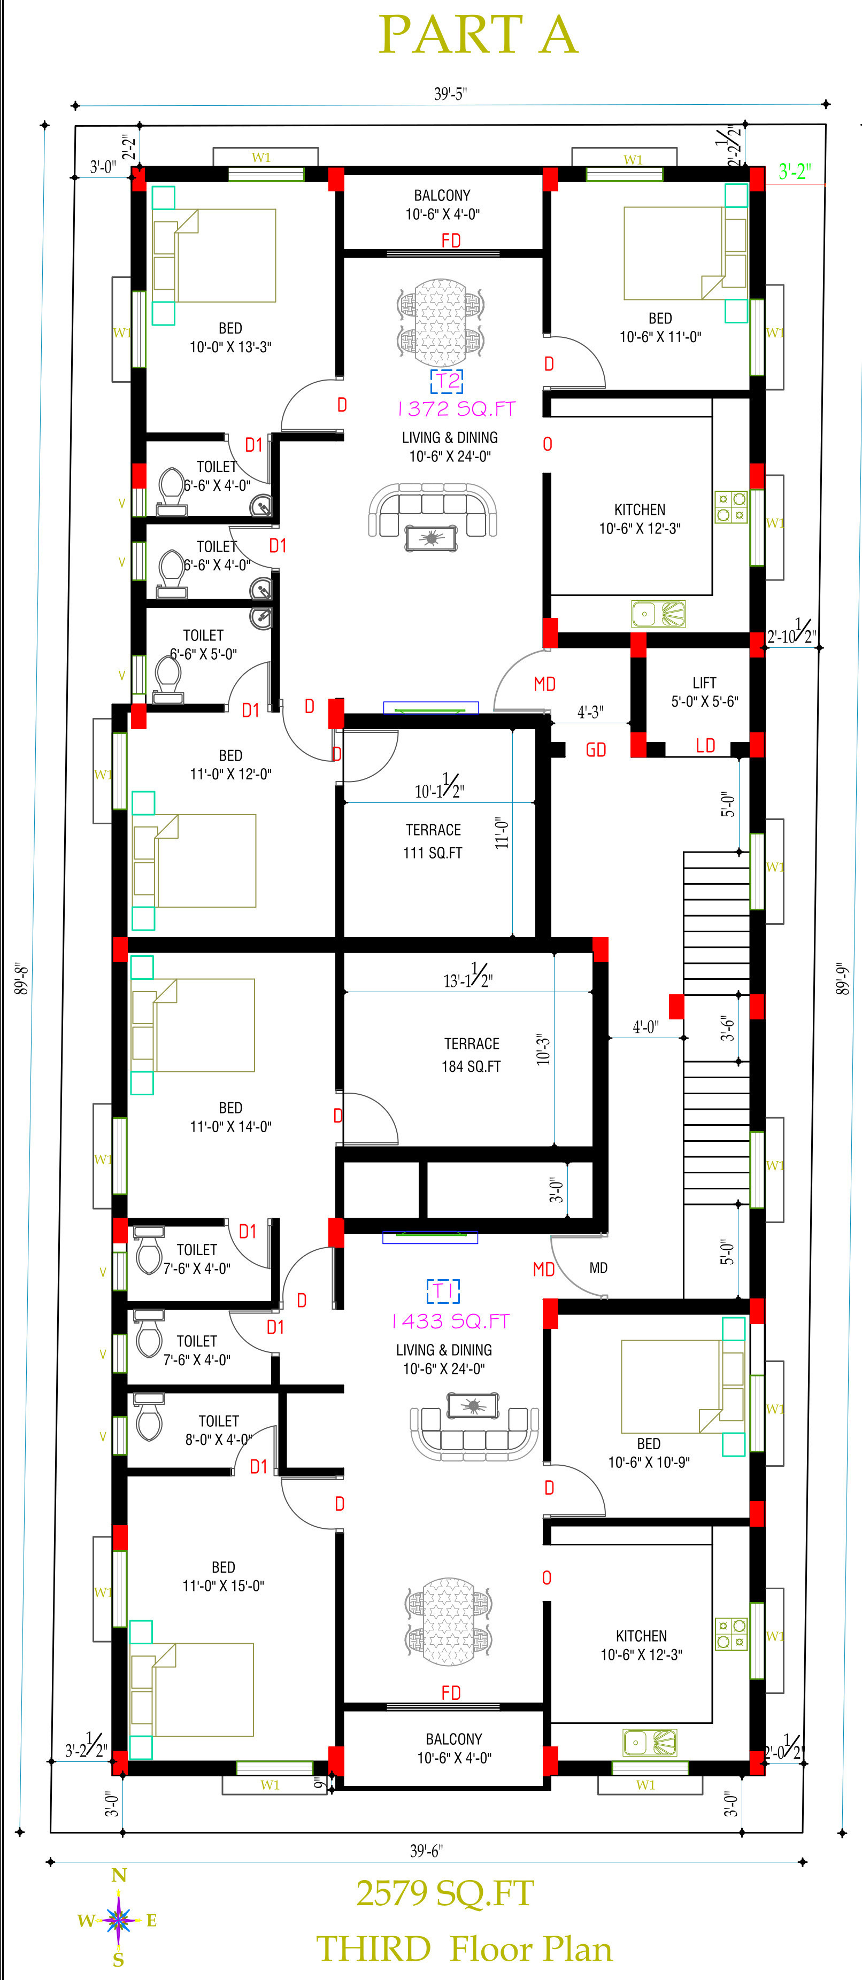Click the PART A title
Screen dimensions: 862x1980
[478, 35]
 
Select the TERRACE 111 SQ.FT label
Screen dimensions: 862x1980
[433, 841]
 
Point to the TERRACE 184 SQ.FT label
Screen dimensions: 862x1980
[471, 1055]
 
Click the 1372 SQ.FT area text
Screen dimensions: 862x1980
[456, 409]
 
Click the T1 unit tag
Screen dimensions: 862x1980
[443, 1290]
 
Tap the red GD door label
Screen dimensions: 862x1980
[596, 749]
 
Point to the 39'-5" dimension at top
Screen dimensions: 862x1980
[450, 94]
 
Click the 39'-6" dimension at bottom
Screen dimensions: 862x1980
[426, 1851]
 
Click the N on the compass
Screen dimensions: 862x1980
[119, 1875]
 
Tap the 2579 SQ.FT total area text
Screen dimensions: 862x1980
[444, 1893]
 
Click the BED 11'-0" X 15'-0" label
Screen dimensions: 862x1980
[223, 1576]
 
